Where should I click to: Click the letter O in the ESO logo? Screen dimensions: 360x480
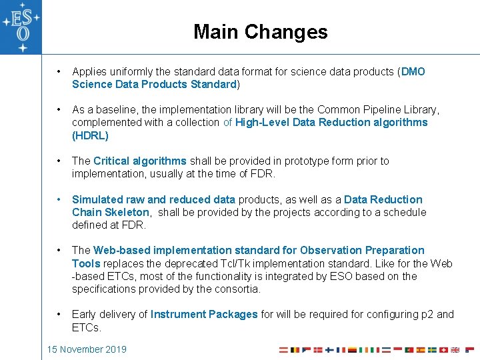click(x=23, y=33)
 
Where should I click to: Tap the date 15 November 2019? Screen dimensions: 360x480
click(x=86, y=349)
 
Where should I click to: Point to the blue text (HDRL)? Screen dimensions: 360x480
click(x=90, y=135)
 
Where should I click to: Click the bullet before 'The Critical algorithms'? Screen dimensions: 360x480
click(x=60, y=161)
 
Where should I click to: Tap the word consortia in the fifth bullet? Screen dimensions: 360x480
click(x=237, y=289)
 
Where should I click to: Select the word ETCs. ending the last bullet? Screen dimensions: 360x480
click(x=87, y=327)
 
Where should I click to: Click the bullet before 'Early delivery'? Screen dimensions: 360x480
click(x=60, y=314)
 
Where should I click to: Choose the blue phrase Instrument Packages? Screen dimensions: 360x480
click(x=204, y=314)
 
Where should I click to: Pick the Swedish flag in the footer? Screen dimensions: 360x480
click(x=432, y=349)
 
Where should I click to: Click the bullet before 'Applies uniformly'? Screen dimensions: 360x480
click(x=60, y=71)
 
